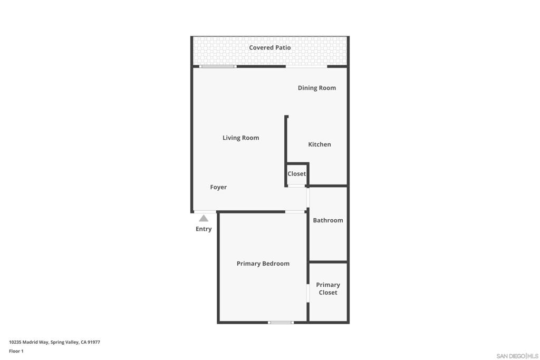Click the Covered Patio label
269,47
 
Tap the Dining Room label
317,88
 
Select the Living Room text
240,138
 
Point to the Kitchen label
320,144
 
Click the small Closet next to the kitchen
296,174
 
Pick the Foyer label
218,187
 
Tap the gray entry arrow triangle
204,218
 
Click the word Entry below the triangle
204,229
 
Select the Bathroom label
328,220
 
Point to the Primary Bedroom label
263,264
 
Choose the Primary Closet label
328,289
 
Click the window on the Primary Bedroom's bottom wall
281,323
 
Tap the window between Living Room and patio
218,66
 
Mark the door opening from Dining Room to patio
306,66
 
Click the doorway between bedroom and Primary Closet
308,293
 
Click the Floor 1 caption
16,351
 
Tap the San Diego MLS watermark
517,356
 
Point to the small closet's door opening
296,186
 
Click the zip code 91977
94,342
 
